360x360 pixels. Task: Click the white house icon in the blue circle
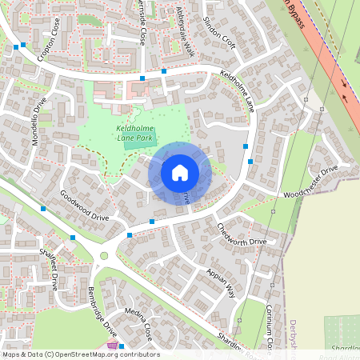[x=180, y=172]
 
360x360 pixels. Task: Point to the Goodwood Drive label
[x=84, y=205]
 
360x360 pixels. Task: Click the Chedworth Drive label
[x=242, y=234]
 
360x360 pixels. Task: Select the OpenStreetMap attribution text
[x=81, y=354]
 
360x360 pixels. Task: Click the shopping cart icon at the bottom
[x=114, y=346]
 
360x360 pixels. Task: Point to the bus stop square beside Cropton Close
[x=16, y=48]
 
